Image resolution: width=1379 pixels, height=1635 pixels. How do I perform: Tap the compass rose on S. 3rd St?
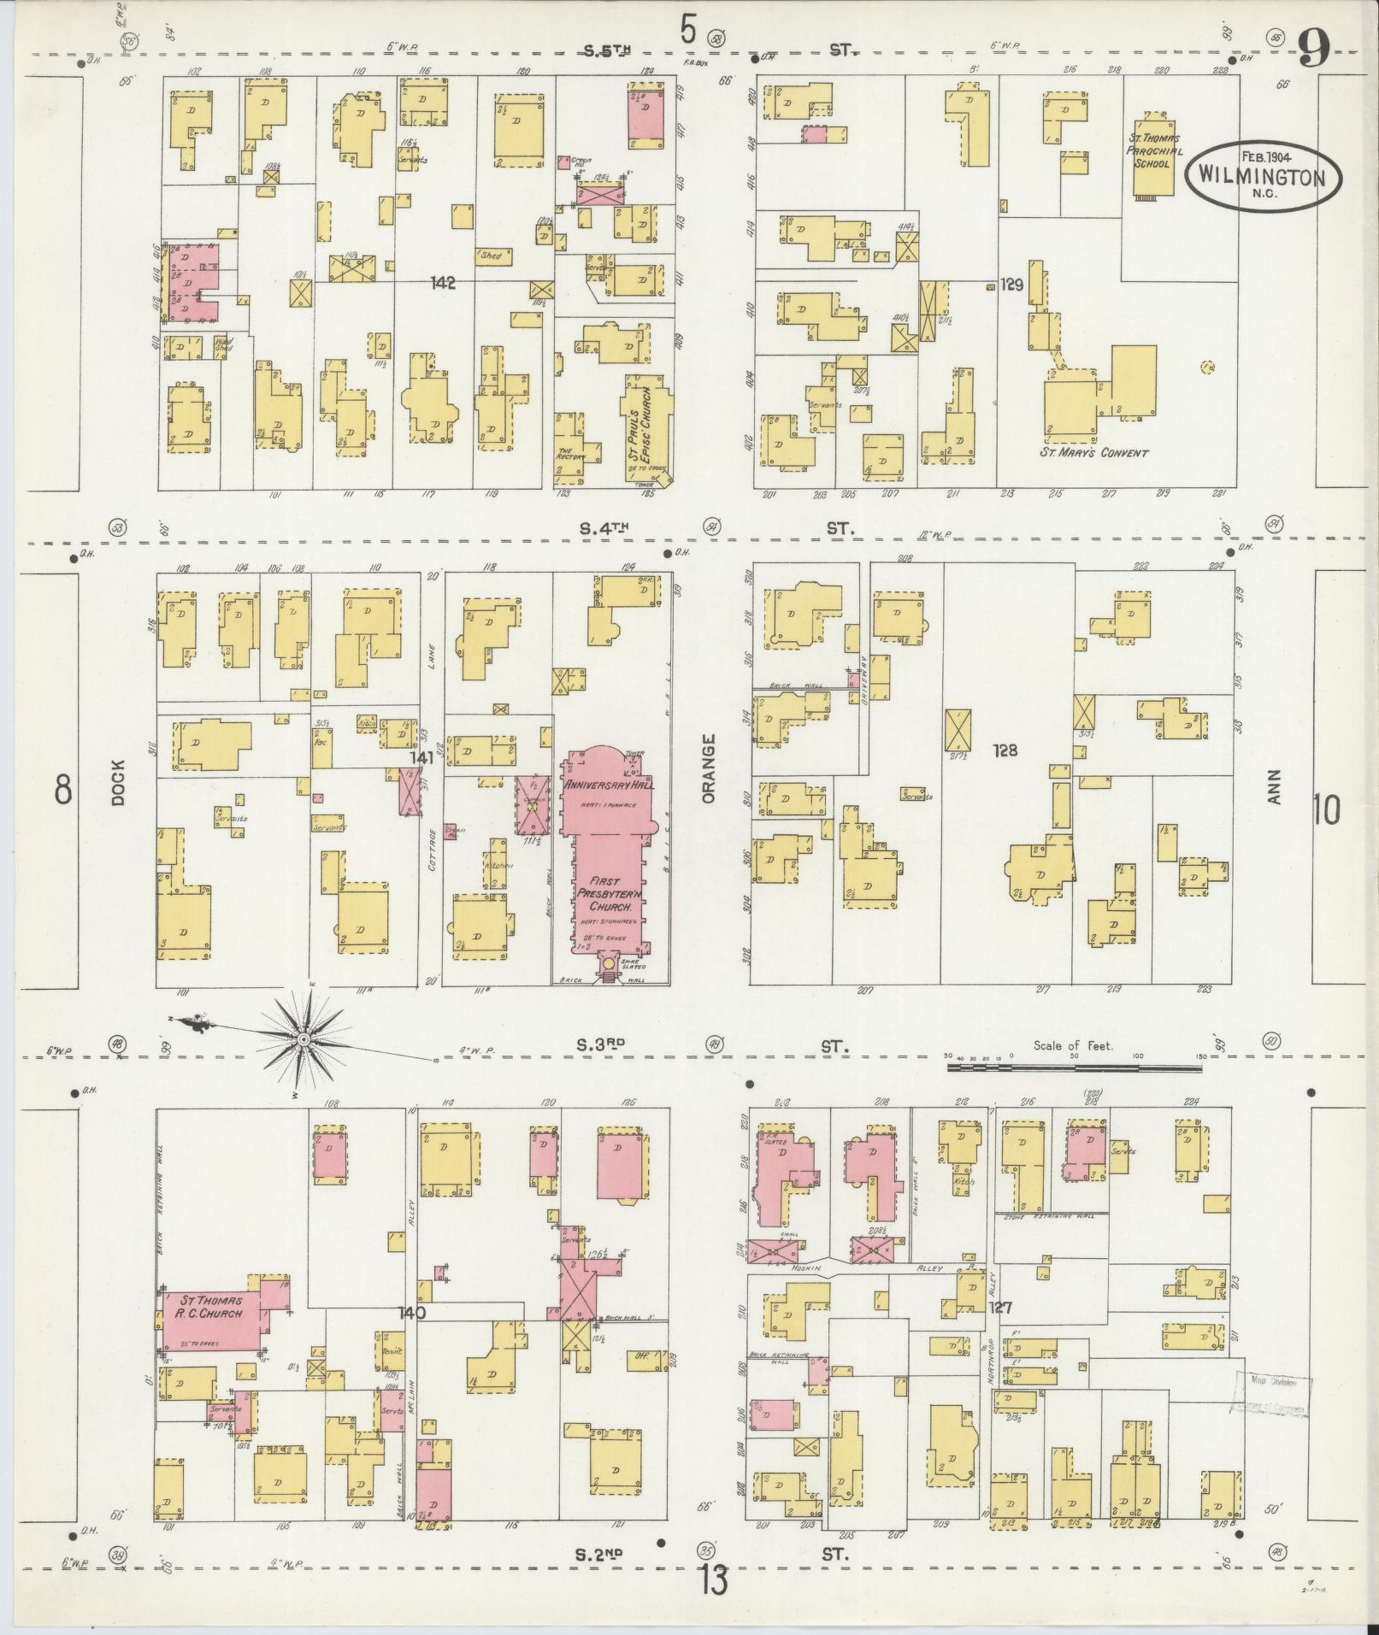[x=303, y=1038]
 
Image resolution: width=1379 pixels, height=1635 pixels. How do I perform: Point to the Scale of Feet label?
[x=1073, y=1045]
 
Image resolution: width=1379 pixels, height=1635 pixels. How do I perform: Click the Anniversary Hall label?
[x=608, y=785]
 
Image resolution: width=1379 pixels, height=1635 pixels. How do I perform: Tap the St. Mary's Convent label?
[x=1093, y=452]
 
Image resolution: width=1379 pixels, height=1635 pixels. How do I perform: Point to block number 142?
[x=444, y=283]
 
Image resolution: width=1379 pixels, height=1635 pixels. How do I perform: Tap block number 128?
[x=1005, y=750]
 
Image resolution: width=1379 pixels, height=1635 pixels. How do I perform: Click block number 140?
[x=411, y=1335]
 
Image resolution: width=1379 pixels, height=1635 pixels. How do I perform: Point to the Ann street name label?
[x=1276, y=785]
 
